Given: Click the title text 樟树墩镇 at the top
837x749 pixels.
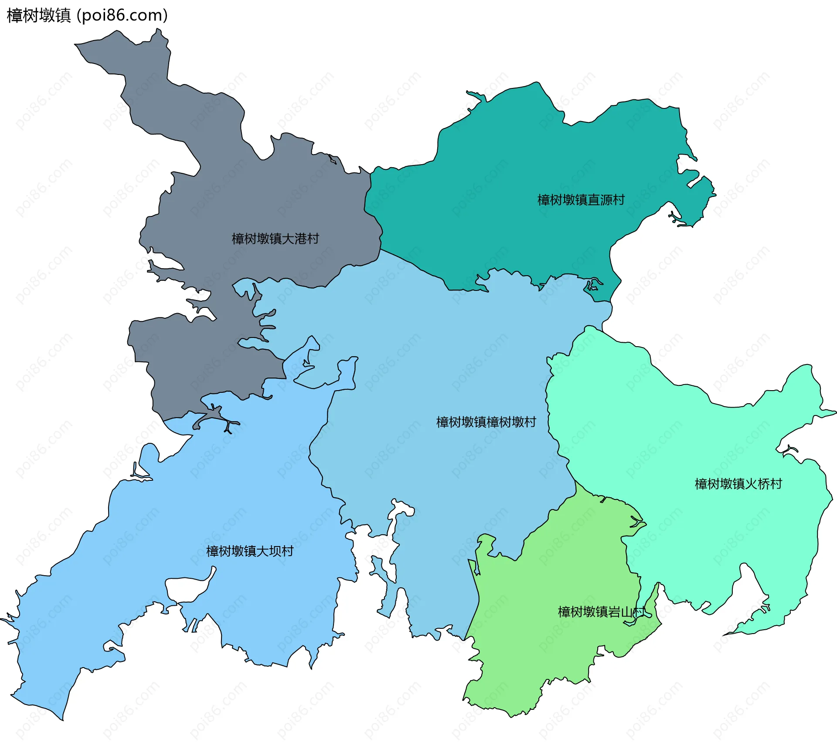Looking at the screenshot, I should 38,16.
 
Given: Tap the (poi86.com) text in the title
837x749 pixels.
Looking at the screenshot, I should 122,16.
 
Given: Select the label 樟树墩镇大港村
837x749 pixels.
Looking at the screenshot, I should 275,239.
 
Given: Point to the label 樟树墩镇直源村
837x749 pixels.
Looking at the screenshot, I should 581,200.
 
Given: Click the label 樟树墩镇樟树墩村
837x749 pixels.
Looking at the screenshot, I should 486,422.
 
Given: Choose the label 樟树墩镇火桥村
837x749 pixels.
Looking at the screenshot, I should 738,484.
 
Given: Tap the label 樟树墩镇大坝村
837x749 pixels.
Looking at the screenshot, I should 250,551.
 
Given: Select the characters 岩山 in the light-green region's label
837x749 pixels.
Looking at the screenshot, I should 620,612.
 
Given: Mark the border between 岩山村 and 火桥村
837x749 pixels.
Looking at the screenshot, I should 628,562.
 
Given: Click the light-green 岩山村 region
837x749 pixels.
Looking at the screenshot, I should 545,653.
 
